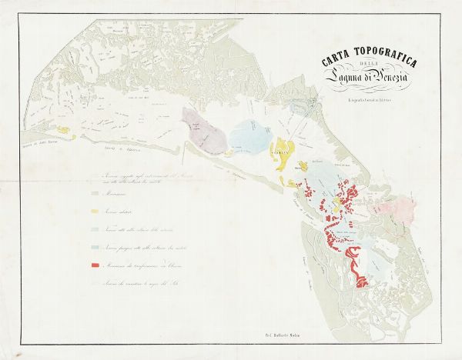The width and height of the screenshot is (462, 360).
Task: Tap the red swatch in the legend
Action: coord(96,265)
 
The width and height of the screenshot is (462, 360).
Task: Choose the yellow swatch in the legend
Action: coord(96,211)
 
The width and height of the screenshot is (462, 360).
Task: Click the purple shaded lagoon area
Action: coord(202,128)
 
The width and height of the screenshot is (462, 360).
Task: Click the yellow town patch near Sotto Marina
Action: coord(66,132)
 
